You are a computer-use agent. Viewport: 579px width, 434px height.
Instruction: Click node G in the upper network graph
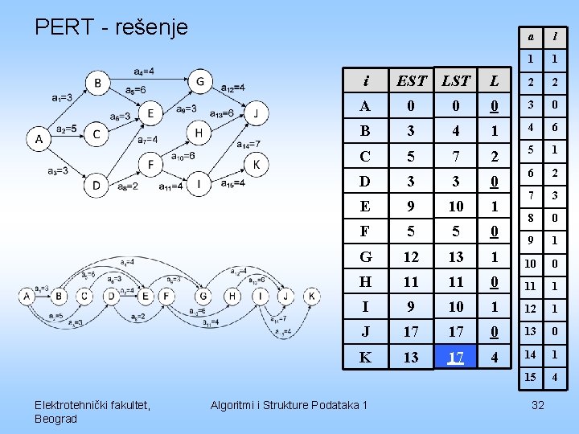(x=199, y=81)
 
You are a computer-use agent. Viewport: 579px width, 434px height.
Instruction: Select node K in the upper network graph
(x=257, y=165)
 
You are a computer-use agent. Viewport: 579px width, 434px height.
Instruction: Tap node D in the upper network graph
(x=96, y=186)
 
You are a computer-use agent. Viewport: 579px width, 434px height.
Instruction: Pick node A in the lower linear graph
(x=27, y=297)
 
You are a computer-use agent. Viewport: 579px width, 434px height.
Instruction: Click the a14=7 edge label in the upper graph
(x=248, y=145)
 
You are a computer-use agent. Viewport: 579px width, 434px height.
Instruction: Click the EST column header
(x=412, y=80)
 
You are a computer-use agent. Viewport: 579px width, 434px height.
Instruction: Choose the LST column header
(x=456, y=80)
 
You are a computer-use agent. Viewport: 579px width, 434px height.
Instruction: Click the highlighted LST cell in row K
(x=456, y=357)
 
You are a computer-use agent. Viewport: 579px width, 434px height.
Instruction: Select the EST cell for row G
(x=412, y=256)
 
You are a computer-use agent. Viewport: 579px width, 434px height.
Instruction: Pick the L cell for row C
(x=495, y=156)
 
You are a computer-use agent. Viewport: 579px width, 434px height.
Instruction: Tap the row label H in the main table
(x=366, y=281)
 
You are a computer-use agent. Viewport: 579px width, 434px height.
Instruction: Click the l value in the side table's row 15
(x=554, y=378)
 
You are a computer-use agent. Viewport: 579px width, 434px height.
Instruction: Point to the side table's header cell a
(x=531, y=36)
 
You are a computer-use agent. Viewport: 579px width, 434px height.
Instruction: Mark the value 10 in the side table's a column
(x=531, y=264)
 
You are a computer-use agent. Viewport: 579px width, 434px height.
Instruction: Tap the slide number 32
(x=537, y=404)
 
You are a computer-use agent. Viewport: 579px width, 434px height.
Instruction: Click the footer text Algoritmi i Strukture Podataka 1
(x=287, y=404)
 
